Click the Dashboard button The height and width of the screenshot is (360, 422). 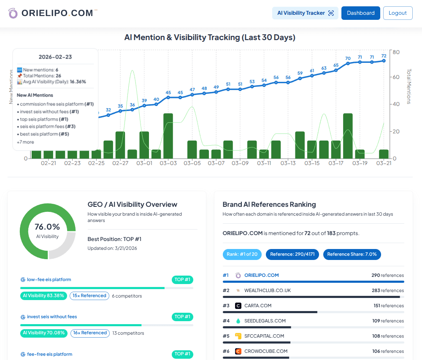360,13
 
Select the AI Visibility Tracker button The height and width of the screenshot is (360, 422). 305,13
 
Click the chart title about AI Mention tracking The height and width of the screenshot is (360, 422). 210,38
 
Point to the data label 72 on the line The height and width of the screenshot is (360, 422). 384,56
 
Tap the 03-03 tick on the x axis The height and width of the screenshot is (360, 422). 168,163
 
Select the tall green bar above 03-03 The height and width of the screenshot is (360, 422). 168,135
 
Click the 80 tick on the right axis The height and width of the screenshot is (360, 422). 396,52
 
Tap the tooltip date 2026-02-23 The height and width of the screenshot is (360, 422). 55,57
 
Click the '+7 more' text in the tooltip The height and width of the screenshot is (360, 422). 25,142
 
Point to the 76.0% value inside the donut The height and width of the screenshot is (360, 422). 47,227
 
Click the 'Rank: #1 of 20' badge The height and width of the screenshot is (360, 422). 242,254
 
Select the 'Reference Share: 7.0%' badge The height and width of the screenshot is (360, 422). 352,254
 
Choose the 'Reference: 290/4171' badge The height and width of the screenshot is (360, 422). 292,254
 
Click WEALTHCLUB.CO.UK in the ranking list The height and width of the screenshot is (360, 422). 268,290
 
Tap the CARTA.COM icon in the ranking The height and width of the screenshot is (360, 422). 238,306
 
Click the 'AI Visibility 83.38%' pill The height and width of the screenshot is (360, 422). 43,296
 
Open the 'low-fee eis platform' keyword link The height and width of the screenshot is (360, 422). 49,279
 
